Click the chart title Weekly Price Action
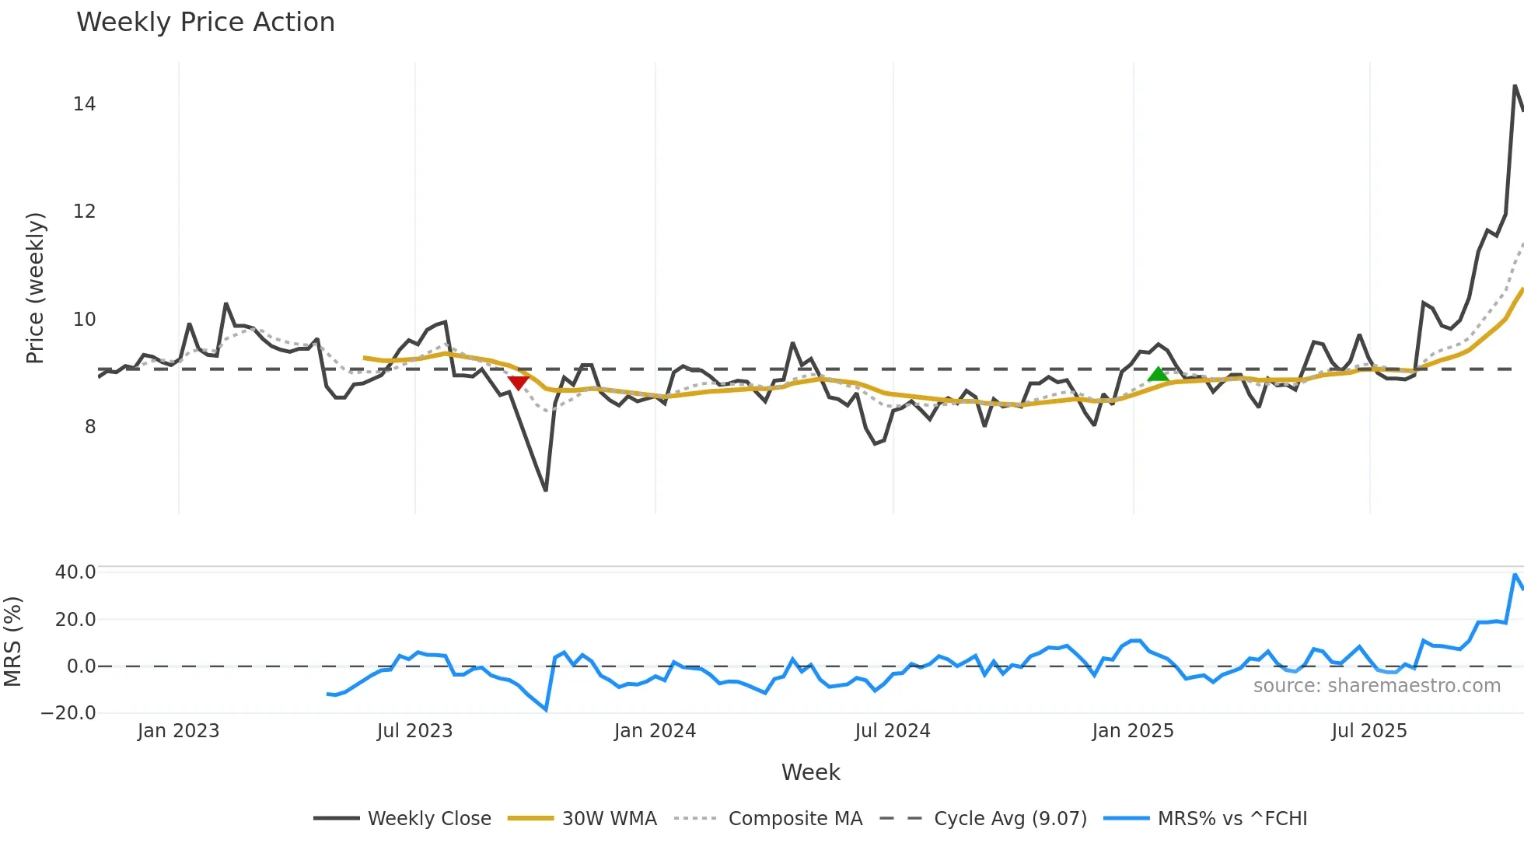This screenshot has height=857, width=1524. pyautogui.click(x=205, y=23)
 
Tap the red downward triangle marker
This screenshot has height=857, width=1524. pyautogui.click(x=518, y=382)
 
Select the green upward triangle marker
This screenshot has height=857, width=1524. pyautogui.click(x=1158, y=374)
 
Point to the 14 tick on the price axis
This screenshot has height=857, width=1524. pyautogui.click(x=85, y=104)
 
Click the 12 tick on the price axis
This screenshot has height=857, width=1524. pyautogui.click(x=85, y=212)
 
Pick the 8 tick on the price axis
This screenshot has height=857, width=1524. pyautogui.click(x=90, y=426)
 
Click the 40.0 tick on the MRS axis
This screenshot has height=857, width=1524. pyautogui.click(x=75, y=572)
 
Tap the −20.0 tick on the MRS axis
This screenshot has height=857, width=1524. pyautogui.click(x=68, y=713)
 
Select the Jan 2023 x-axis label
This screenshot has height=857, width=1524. pyautogui.click(x=178, y=731)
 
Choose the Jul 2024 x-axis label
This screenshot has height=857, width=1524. pyautogui.click(x=892, y=731)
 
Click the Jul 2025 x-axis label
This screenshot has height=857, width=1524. pyautogui.click(x=1368, y=731)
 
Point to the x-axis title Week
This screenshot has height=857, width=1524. pyautogui.click(x=810, y=772)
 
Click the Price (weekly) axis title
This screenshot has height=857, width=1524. pyautogui.click(x=36, y=288)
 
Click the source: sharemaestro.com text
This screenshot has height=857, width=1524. pyautogui.click(x=1376, y=686)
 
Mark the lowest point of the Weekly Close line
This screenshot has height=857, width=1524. pyautogui.click(x=546, y=490)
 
